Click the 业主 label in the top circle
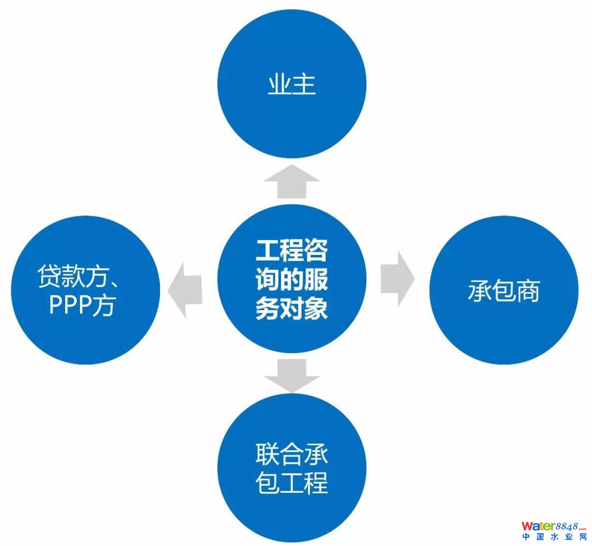point(292,85)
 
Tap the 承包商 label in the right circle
point(503,291)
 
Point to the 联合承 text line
point(292,454)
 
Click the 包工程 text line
point(292,483)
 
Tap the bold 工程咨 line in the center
point(292,251)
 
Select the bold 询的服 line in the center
point(292,280)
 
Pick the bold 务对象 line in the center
point(292,309)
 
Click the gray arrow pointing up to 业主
point(292,181)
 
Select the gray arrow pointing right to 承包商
point(397,279)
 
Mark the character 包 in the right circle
point(503,291)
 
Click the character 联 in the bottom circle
point(267,454)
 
